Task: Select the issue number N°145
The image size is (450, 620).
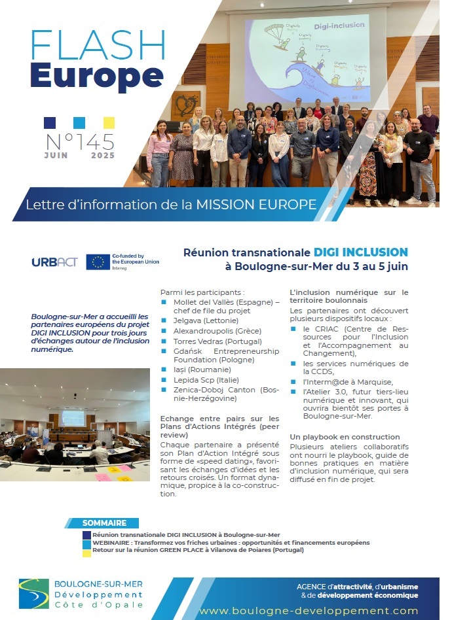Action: click(x=79, y=141)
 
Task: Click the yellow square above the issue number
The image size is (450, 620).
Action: click(x=109, y=122)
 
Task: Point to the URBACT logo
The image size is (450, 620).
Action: click(x=54, y=262)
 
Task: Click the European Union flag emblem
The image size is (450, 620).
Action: click(x=98, y=262)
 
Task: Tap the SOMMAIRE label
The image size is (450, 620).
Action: click(x=104, y=523)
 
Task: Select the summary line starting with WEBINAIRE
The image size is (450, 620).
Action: click(x=231, y=543)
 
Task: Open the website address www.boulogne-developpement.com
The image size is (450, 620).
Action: click(x=309, y=610)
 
